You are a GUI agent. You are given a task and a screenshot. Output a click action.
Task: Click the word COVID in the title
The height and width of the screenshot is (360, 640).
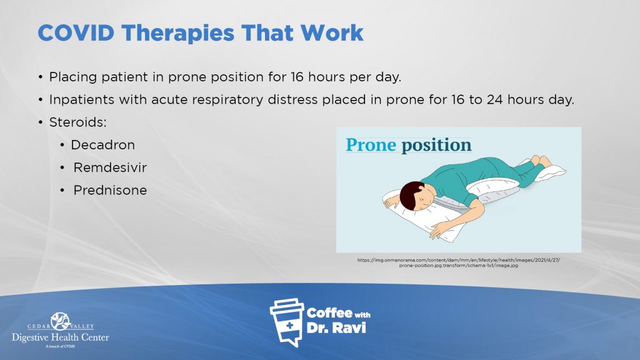(x=76, y=32)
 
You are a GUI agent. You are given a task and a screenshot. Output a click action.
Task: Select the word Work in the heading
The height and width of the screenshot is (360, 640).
(x=332, y=32)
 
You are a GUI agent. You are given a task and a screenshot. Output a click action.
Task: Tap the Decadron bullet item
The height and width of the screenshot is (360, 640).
(x=102, y=145)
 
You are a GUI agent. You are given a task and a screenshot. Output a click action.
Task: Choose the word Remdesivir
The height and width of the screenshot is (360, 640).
(x=110, y=167)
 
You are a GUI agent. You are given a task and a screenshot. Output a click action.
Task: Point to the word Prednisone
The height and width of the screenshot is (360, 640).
(x=110, y=190)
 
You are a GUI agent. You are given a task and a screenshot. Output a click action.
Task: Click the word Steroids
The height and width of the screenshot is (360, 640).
(x=77, y=122)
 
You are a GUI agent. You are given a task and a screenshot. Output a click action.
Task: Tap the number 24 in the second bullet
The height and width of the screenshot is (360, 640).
(x=495, y=99)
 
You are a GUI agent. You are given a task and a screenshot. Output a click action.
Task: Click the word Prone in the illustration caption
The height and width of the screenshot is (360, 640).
(x=371, y=145)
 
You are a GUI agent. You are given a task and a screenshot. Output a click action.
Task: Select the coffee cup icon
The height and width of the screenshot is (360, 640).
(x=286, y=322)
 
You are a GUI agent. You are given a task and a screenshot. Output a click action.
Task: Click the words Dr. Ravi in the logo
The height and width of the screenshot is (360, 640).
(x=336, y=327)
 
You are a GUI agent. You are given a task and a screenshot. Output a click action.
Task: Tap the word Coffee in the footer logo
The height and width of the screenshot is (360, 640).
(x=329, y=313)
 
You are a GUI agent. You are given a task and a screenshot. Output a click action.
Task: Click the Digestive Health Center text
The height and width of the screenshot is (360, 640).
(x=61, y=337)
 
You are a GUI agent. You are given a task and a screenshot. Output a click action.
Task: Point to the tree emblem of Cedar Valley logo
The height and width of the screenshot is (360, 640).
(x=61, y=321)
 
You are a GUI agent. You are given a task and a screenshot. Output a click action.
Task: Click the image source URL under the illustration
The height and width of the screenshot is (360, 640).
(x=458, y=262)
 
